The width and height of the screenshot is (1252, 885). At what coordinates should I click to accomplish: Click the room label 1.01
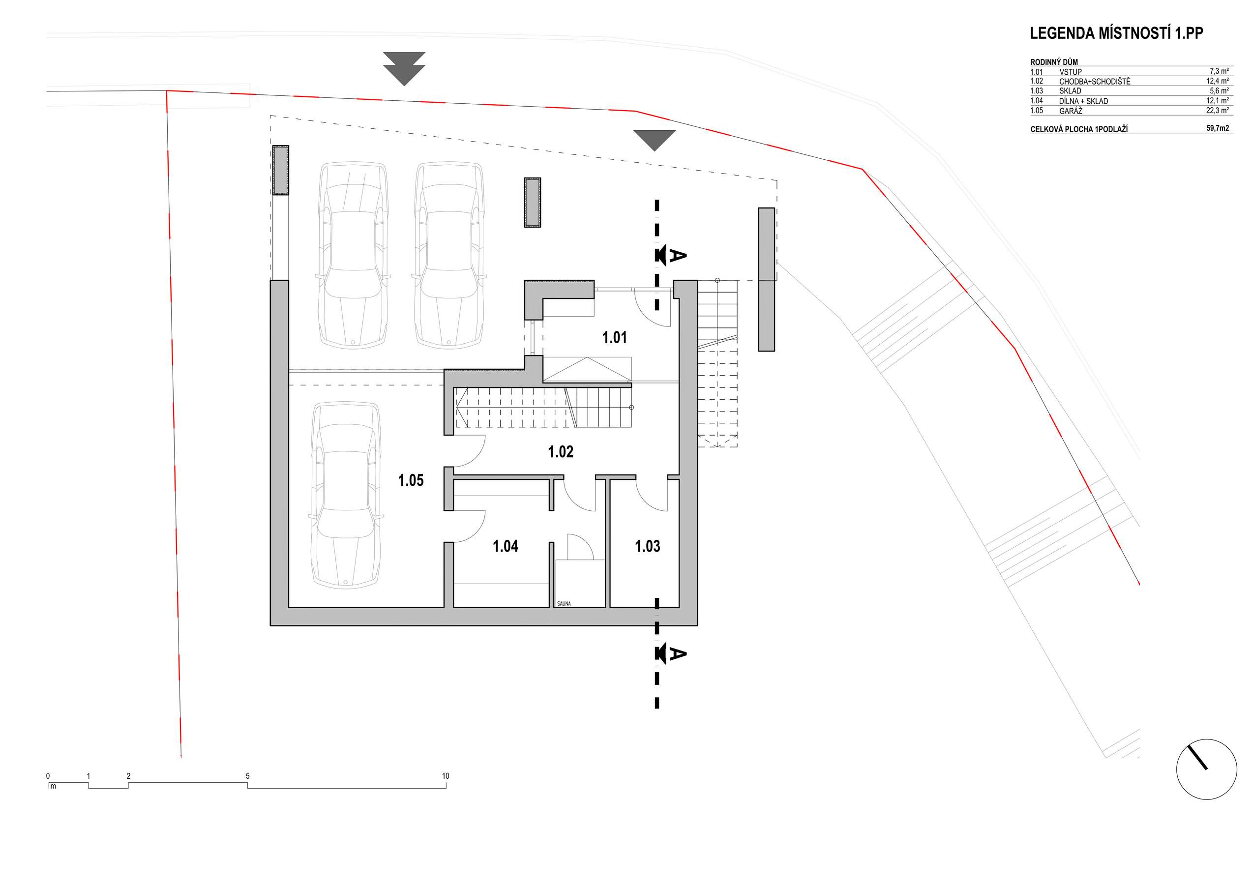614,338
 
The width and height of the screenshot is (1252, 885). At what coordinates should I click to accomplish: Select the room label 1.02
561,451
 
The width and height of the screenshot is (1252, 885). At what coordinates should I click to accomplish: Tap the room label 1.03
647,546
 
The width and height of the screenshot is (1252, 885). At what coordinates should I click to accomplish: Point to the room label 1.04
506,546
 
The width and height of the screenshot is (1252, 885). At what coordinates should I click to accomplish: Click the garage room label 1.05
411,480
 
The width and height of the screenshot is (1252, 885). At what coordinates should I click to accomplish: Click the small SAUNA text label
564,604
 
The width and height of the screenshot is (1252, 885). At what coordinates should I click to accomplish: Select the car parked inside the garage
345,496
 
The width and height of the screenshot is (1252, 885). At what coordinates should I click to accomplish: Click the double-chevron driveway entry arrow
404,69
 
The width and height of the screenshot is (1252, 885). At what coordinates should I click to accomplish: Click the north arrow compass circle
1206,769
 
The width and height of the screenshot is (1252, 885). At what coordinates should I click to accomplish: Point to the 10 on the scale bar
446,776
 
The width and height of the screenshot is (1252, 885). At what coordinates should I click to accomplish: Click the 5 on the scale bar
247,776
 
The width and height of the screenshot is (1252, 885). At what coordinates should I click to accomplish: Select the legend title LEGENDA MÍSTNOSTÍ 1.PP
1116,33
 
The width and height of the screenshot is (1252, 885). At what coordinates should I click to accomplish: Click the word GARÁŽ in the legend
1071,111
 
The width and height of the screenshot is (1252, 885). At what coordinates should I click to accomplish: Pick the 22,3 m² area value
1217,110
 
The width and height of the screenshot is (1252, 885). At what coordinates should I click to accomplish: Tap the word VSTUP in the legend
1071,72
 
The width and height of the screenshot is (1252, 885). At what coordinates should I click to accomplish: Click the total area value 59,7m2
1218,128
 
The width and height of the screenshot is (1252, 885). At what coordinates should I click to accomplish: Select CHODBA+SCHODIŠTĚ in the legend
1095,81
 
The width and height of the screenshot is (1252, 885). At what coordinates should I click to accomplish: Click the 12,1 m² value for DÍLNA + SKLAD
1217,100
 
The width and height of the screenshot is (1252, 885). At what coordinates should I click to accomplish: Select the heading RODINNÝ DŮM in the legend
1054,62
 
